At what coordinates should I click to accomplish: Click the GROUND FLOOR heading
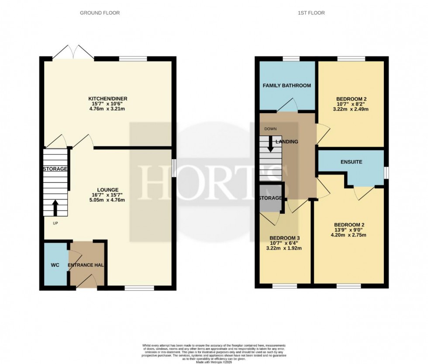point(100,13)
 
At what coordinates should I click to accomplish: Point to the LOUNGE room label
point(108,190)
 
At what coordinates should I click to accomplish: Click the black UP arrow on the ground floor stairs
point(55,208)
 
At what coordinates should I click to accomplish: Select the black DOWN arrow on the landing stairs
point(270,144)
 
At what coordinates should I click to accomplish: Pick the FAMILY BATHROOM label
point(287,86)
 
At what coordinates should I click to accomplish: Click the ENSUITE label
point(352,162)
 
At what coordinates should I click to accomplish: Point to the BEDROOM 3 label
point(286,238)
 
